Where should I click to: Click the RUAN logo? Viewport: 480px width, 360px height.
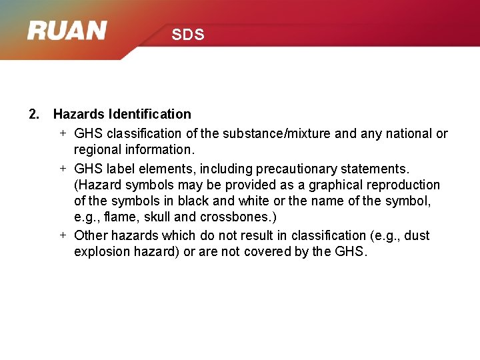67,31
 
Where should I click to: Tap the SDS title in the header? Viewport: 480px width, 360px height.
188,35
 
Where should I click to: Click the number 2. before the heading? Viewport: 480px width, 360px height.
34,114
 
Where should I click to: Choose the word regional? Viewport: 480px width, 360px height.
97,149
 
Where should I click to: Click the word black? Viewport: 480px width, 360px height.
181,201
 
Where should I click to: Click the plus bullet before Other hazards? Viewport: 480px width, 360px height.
62,235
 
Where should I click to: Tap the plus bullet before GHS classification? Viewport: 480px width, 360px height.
62,133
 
